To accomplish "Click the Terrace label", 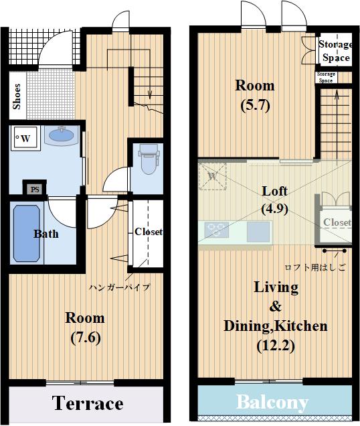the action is coord(88,403).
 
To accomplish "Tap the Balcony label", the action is coord(272,403).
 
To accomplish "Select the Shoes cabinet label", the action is coord(17,96).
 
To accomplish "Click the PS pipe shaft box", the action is coord(35,189).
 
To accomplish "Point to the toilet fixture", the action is coord(149,159).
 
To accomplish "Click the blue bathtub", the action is coord(27,234).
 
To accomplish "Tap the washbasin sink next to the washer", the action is coord(62,135).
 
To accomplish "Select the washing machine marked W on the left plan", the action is coord(25,138).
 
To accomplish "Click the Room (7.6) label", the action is coord(85,328).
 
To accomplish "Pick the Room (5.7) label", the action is coord(255,95).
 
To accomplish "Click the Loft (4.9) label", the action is coord(274,200).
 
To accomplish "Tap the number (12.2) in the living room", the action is coord(276,346).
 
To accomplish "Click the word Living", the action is coord(276,287).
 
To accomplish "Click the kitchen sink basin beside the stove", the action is coord(258,232).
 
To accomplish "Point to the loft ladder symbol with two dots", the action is coord(335,251).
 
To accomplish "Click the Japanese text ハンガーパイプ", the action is coord(120,287).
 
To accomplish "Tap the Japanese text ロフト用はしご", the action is coord(315,267).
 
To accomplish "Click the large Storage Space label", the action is coord(336,51).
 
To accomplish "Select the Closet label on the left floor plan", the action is coord(149,232).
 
